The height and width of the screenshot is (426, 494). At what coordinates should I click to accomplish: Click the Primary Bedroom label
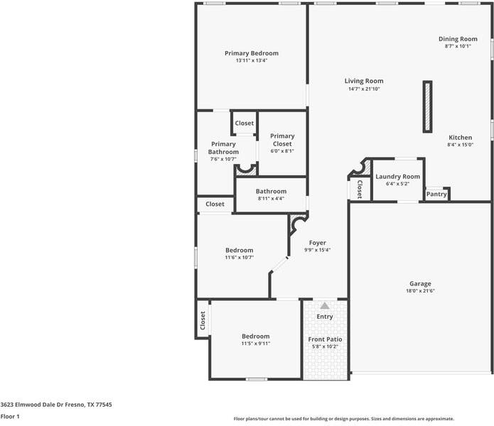pos(252,53)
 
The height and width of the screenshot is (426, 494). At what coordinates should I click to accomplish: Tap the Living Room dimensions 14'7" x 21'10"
pos(364,89)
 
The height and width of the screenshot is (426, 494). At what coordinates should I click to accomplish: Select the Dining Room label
pos(458,39)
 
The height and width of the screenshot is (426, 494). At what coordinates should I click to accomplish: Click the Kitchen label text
pos(460,137)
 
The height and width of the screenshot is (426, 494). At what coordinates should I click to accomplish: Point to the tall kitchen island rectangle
pos(427,106)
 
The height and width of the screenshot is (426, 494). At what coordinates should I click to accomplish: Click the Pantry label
pos(436,194)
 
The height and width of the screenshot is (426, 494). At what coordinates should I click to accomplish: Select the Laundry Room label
pos(397,177)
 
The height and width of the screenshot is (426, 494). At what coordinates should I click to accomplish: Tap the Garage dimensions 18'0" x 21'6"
pos(420,291)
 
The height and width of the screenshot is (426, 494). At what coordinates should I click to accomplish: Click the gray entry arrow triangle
pos(325,305)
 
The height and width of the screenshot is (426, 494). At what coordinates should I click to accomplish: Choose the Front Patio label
pos(325,339)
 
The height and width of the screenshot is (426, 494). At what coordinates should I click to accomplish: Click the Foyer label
pos(317,243)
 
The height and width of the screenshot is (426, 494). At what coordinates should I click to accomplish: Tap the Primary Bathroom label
pos(223,148)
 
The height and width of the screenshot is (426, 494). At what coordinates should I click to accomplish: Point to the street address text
pos(56,404)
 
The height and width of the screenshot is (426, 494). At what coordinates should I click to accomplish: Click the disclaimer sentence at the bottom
pos(344,419)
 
